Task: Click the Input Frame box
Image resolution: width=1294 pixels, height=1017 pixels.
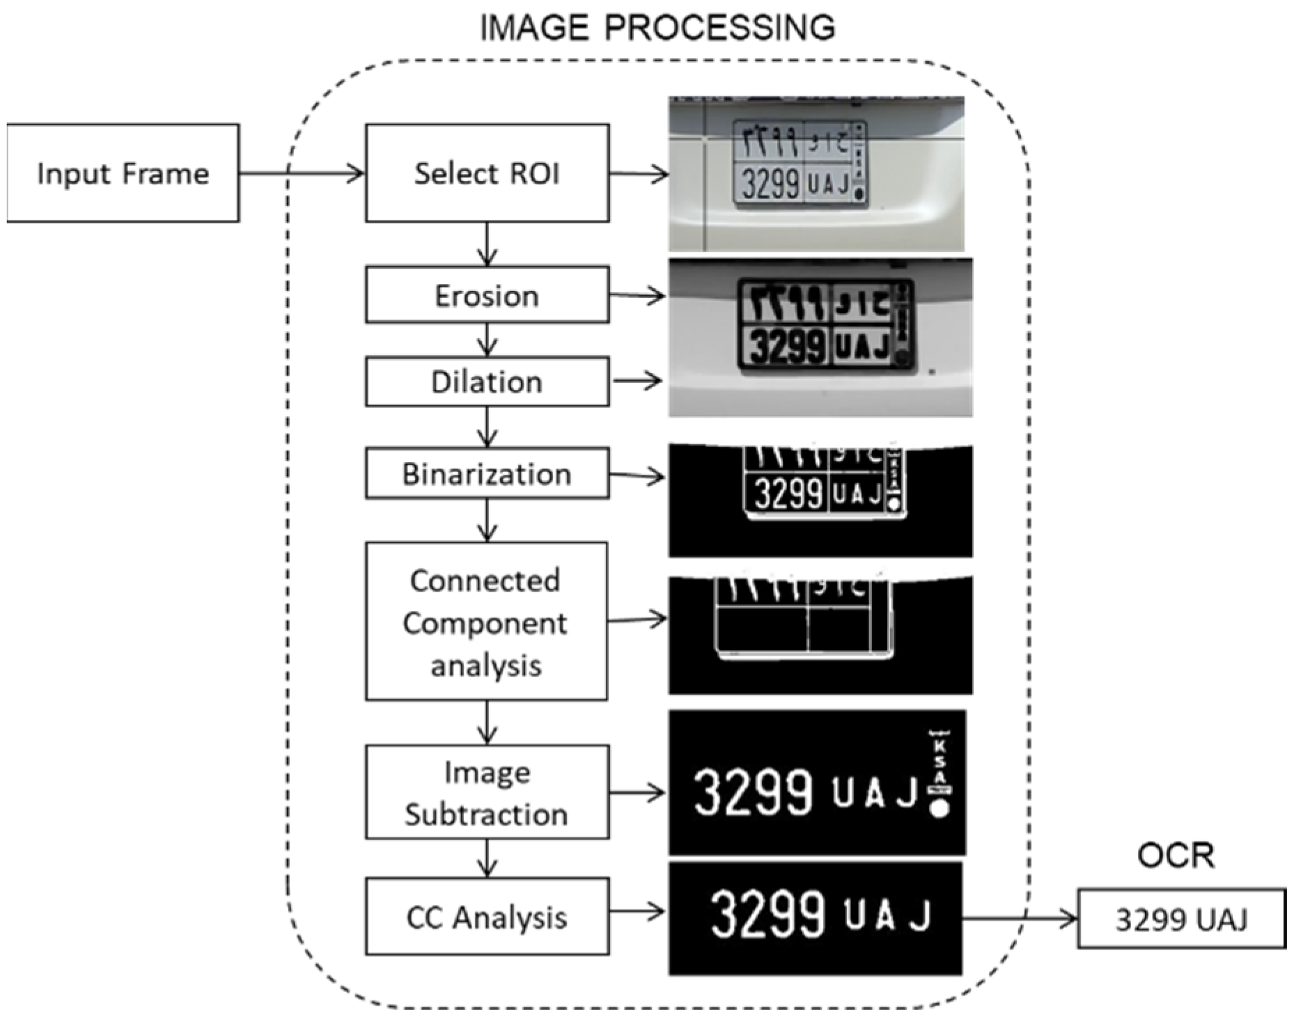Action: (123, 173)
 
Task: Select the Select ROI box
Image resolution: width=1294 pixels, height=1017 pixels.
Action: (487, 173)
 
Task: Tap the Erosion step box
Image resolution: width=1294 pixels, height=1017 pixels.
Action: (487, 295)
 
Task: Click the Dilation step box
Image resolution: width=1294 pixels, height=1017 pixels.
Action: (487, 381)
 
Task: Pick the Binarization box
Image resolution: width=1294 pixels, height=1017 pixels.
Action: (487, 473)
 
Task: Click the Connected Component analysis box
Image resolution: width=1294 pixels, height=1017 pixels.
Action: (486, 622)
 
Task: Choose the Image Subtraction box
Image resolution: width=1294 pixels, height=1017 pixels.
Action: (487, 792)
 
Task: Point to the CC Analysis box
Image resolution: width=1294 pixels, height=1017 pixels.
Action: (487, 916)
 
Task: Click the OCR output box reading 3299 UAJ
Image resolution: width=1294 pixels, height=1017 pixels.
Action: (1180, 919)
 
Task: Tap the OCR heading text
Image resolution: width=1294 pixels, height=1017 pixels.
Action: (1176, 856)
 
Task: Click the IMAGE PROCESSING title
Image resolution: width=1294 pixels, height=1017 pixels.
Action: (657, 28)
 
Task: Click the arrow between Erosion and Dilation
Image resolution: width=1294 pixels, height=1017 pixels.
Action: (487, 340)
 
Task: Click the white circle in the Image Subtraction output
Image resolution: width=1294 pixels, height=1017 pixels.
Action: (940, 809)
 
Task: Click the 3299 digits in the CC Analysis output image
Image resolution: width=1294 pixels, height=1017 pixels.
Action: (767, 913)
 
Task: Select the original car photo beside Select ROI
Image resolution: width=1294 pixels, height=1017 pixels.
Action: (816, 173)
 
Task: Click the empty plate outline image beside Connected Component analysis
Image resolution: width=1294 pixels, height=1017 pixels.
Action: (820, 634)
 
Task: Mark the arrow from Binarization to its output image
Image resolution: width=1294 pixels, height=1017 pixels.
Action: (637, 476)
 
